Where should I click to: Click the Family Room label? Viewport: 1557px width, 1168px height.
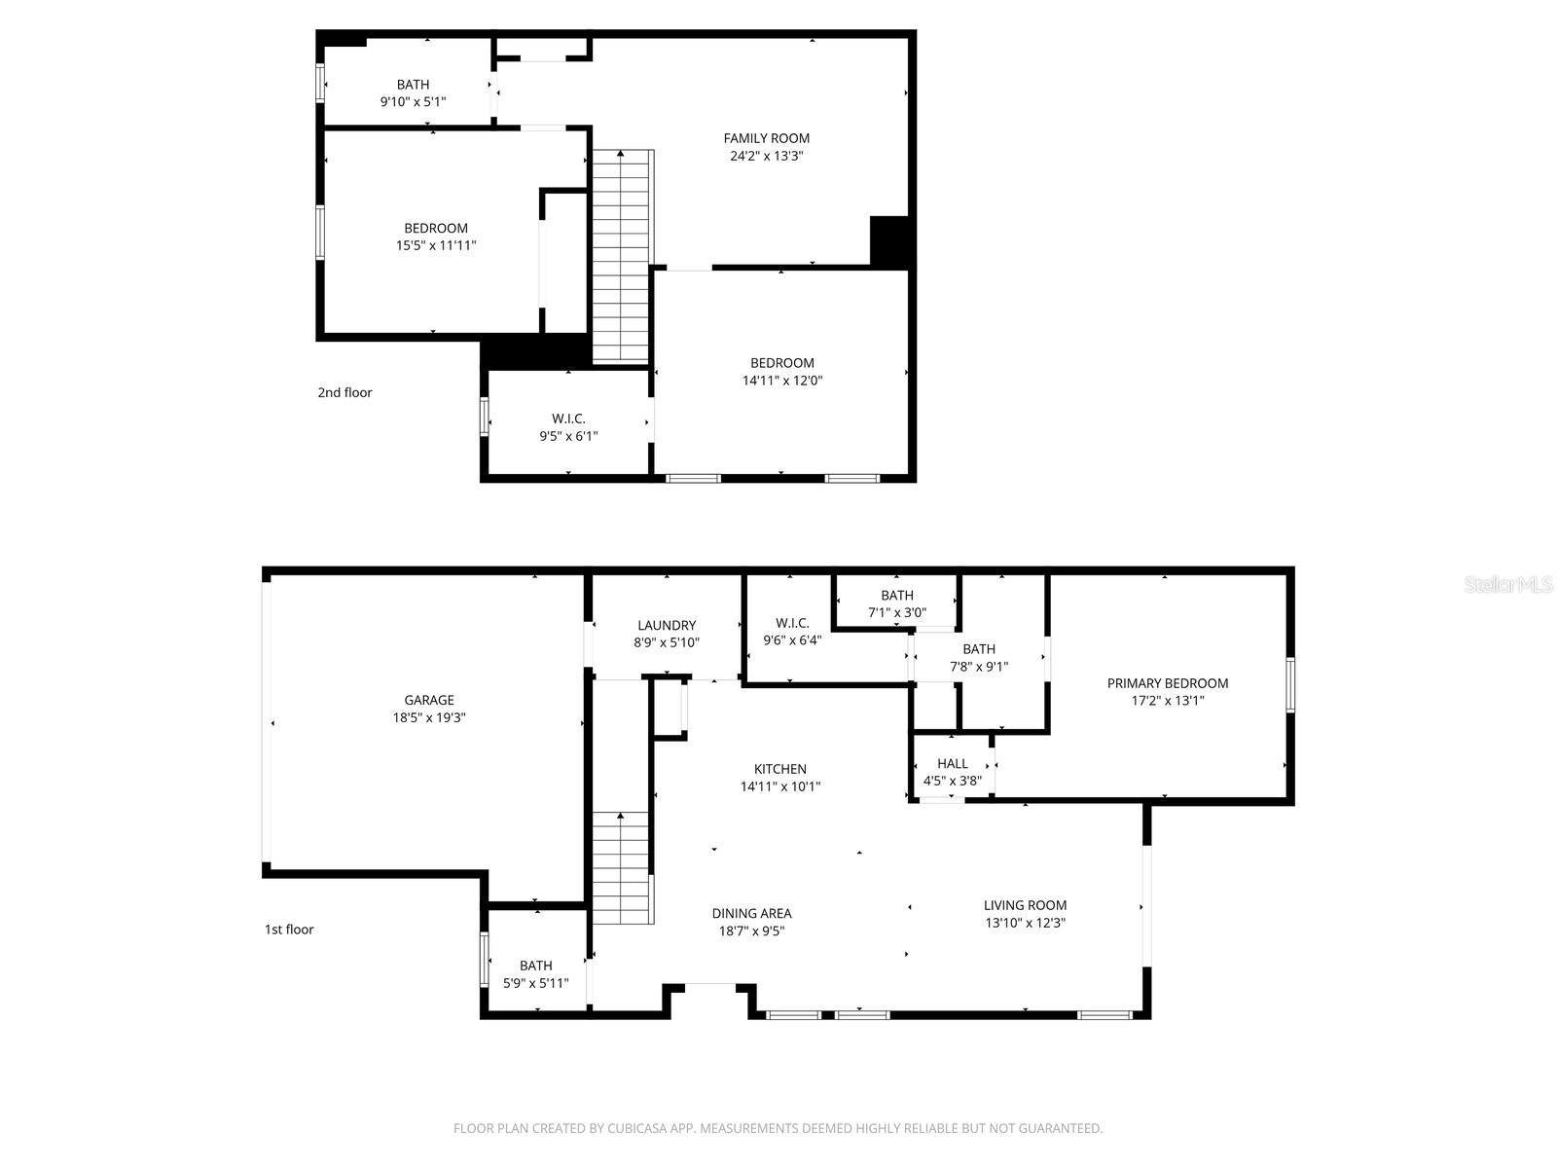coord(766,138)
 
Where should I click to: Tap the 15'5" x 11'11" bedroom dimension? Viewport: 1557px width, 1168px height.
coord(435,246)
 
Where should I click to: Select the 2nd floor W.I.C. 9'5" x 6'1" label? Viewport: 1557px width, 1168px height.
coord(568,427)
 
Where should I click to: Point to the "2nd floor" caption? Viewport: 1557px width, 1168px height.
coord(344,393)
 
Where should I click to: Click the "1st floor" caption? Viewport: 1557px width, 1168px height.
coord(289,930)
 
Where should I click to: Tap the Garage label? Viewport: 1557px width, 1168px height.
coord(429,700)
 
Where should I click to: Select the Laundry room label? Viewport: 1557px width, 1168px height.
coord(667,626)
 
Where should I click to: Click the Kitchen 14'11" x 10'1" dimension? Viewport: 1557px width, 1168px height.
coord(779,786)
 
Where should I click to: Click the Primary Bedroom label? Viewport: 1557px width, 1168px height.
coord(1167,683)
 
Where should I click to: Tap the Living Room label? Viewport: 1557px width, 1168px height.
coord(1025,905)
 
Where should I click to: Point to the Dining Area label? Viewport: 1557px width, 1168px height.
coord(751,913)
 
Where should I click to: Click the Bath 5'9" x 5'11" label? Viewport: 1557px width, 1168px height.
coord(535,974)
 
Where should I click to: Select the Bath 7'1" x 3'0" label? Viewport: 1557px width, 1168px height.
coord(896,604)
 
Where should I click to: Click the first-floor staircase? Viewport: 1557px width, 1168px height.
coord(622,868)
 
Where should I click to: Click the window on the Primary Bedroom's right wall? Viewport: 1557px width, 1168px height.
coord(1290,685)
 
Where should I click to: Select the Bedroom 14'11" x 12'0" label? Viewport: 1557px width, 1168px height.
coord(781,372)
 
